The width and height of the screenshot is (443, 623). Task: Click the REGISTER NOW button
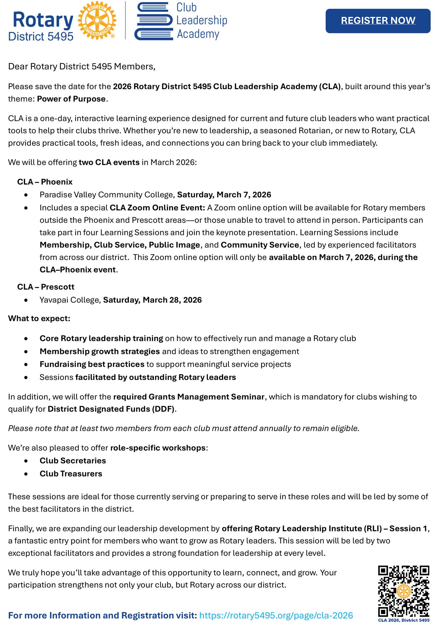click(378, 21)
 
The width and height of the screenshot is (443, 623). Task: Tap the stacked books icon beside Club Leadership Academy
click(153, 21)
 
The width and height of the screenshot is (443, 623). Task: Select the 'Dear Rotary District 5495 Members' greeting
click(82, 67)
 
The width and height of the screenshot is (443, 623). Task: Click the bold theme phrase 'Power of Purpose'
click(71, 99)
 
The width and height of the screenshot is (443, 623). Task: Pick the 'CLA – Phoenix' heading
click(45, 182)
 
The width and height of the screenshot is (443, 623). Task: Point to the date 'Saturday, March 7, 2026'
click(224, 195)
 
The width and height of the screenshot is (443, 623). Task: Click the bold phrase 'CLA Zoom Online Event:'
click(157, 208)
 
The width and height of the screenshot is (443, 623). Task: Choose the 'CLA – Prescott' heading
click(46, 287)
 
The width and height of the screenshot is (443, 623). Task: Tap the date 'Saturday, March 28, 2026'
click(152, 300)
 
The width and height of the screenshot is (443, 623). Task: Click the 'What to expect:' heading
click(39, 318)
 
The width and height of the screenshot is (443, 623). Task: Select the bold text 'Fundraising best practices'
click(92, 364)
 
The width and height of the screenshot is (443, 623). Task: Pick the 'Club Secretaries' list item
click(73, 461)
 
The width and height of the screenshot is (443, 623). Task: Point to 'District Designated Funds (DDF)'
click(111, 409)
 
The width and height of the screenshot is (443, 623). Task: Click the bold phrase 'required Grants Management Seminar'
click(189, 397)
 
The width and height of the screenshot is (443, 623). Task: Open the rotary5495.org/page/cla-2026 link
click(276, 615)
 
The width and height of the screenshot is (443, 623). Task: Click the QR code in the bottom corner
click(404, 591)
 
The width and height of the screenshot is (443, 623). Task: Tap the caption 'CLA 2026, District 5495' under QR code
click(404, 620)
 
